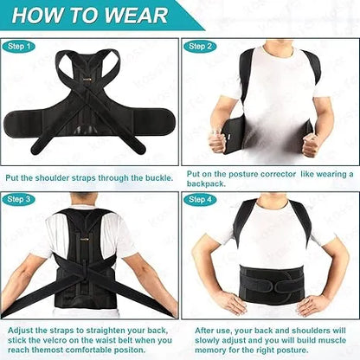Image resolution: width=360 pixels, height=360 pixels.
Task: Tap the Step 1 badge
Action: (19, 46)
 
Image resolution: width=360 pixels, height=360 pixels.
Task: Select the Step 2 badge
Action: (200, 46)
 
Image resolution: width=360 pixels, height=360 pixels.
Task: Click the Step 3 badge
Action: (19, 199)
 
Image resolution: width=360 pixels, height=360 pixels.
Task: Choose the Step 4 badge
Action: (200, 199)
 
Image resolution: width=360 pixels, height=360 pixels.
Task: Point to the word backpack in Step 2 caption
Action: (212, 184)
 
